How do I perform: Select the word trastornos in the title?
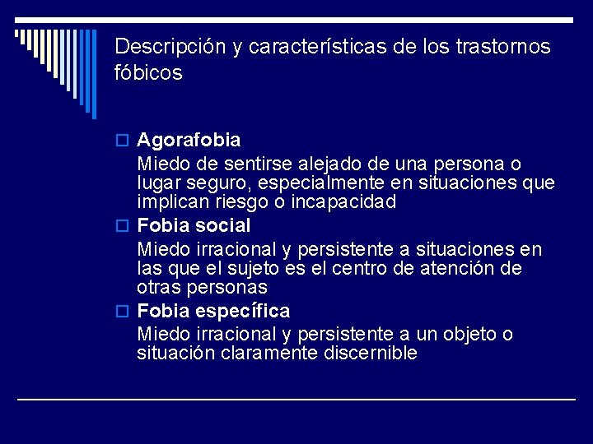503,46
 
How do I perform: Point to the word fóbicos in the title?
148,73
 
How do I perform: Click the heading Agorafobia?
189,141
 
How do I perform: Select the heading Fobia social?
194,225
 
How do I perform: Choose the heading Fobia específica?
213,312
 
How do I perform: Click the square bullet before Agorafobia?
125,141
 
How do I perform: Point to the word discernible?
368,354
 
